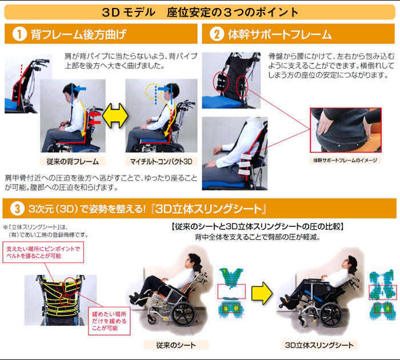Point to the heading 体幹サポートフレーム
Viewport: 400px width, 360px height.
pos(279,34)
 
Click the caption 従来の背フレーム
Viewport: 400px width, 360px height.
pos(69,161)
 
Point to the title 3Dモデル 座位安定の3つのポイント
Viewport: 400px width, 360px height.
pos(199,11)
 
